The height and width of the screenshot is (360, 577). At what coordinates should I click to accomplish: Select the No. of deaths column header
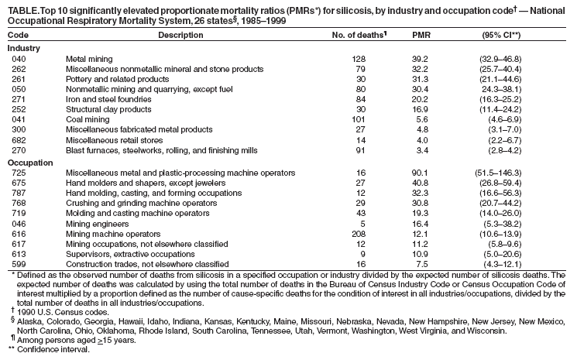click(359, 36)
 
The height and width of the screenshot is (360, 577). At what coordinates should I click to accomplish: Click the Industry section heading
click(24, 48)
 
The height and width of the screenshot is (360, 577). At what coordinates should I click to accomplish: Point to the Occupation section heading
click(29, 163)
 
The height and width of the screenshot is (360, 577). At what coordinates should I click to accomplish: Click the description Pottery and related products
click(116, 79)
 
